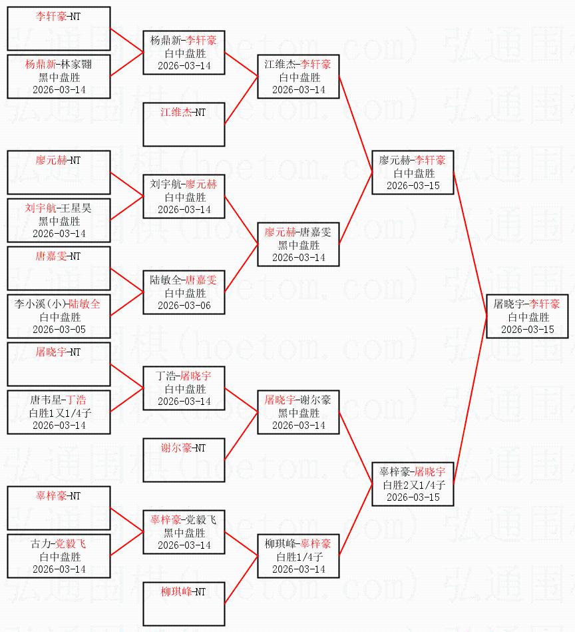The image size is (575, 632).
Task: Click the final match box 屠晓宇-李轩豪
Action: tap(528, 316)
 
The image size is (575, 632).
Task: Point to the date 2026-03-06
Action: tap(184, 306)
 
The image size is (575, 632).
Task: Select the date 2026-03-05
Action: tap(59, 329)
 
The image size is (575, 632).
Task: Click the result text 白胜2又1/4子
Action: tap(413, 485)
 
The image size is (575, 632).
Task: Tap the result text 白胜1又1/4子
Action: tap(60, 413)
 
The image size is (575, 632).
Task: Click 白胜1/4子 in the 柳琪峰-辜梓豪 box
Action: tap(299, 557)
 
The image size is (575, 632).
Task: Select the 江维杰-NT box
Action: tap(184, 125)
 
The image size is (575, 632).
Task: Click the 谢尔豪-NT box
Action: tap(184, 460)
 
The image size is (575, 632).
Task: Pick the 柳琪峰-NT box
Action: tap(184, 604)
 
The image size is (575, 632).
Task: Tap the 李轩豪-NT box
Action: tap(59, 29)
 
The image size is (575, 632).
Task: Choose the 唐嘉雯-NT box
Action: tap(59, 268)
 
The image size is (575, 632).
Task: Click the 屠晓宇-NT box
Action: tap(59, 364)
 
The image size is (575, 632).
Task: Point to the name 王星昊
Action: tap(76, 208)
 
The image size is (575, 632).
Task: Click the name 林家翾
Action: tap(76, 65)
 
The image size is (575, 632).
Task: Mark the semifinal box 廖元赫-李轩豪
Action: tap(413, 172)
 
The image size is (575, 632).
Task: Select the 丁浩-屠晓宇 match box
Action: tap(184, 388)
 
